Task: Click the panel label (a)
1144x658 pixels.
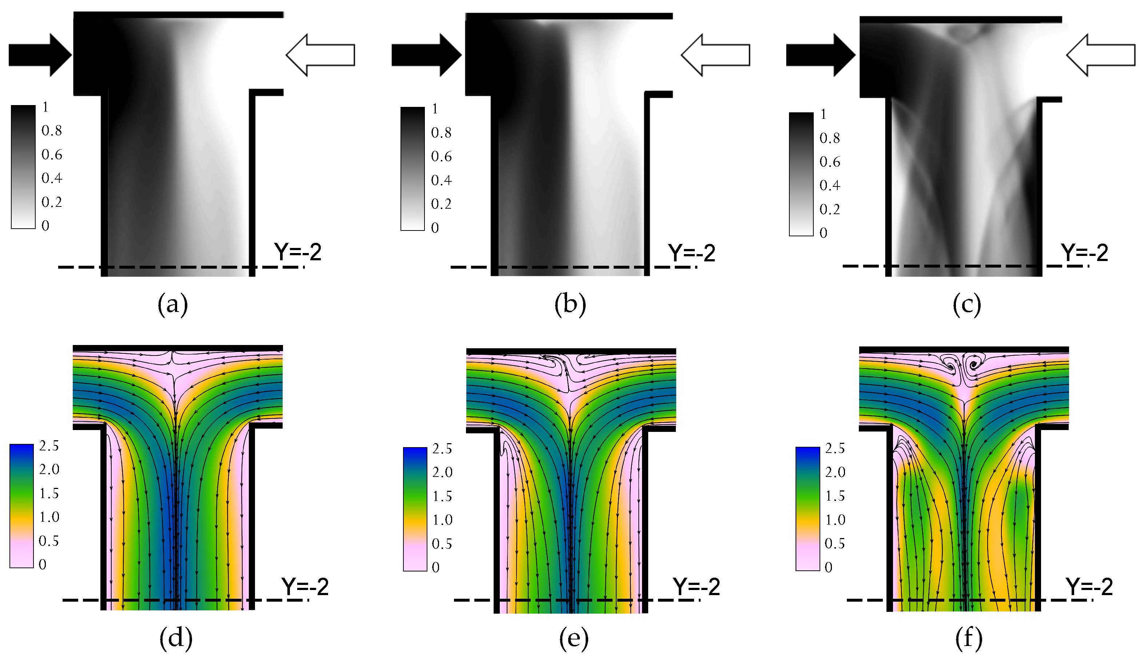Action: click(x=173, y=305)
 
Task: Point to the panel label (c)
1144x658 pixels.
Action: click(x=967, y=305)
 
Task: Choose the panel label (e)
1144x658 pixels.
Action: click(x=574, y=638)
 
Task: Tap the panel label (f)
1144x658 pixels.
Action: click(x=969, y=638)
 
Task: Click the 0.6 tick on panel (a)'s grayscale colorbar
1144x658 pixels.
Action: click(x=52, y=155)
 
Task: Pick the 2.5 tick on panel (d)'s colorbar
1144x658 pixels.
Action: click(x=49, y=446)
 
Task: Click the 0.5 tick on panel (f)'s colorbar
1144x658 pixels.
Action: click(x=835, y=543)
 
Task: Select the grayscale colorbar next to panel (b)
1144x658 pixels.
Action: click(x=412, y=169)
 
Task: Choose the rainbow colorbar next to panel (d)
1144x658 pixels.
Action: click(x=22, y=506)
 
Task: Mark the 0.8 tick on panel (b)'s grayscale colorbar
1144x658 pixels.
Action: click(x=441, y=132)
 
